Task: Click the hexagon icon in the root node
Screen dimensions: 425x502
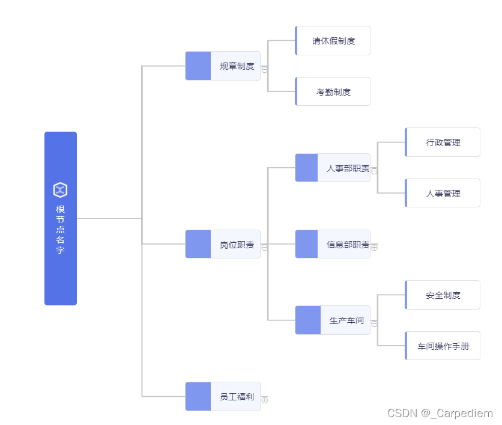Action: pyautogui.click(x=60, y=190)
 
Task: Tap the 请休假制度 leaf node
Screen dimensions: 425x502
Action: pyautogui.click(x=333, y=41)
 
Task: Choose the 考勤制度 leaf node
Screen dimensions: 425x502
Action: pyautogui.click(x=333, y=92)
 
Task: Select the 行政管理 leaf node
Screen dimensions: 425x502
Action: pyautogui.click(x=443, y=142)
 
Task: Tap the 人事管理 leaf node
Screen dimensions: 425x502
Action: pyautogui.click(x=443, y=194)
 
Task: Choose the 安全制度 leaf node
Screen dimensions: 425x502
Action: pyautogui.click(x=443, y=295)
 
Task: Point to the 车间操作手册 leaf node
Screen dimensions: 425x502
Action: pyautogui.click(x=443, y=346)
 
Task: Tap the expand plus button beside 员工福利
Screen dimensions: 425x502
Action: pyautogui.click(x=265, y=400)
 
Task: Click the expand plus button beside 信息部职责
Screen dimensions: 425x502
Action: pyautogui.click(x=375, y=247)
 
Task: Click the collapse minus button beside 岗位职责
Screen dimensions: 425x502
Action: pyautogui.click(x=265, y=247)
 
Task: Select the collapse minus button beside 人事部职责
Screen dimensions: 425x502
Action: pyautogui.click(x=375, y=171)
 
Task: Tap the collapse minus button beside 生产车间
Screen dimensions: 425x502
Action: pyautogui.click(x=375, y=323)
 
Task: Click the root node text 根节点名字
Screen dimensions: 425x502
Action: pyautogui.click(x=60, y=230)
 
